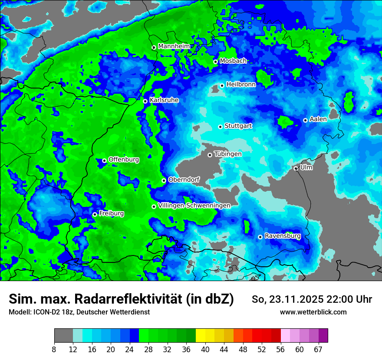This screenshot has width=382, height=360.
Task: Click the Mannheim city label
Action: [174, 46]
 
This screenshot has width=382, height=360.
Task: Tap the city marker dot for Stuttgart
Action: [220, 127]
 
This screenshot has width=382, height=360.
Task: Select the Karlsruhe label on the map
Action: [164, 100]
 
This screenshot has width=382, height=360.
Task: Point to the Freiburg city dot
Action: [95, 214]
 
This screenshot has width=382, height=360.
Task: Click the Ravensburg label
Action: [283, 236]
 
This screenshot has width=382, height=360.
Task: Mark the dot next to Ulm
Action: [296, 168]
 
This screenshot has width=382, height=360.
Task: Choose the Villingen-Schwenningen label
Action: [194, 206]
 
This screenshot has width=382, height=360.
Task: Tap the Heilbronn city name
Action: [241, 85]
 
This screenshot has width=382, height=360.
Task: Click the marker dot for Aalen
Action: [305, 120]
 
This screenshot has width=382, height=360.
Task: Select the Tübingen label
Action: [228, 154]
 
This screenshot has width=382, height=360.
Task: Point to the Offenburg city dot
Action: [104, 160]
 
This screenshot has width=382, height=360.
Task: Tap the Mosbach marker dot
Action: [215, 62]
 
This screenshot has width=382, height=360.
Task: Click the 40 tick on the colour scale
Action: [205, 349]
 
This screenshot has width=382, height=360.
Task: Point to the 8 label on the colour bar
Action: [54, 349]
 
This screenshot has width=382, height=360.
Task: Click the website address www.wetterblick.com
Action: [313, 312]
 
